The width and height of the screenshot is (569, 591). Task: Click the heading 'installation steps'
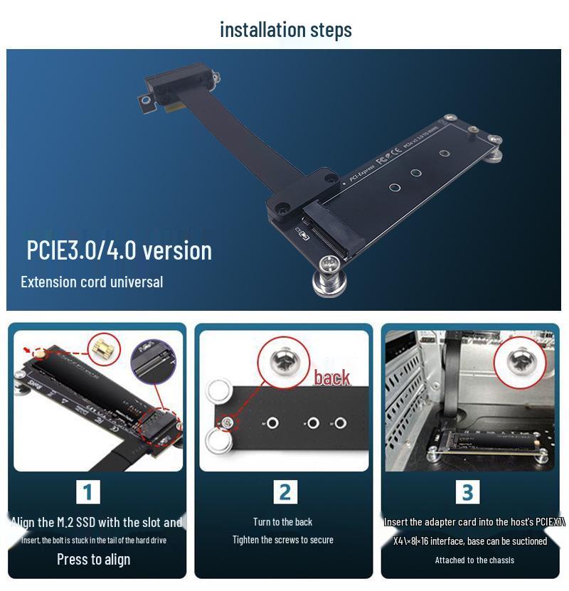point(285,30)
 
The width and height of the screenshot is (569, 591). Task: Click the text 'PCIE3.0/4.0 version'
point(119,250)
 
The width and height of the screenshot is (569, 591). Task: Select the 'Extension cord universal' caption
point(92,282)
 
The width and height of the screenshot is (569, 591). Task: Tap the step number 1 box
point(87,492)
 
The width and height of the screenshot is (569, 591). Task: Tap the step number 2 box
point(284,492)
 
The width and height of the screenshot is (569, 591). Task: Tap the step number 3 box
point(467,492)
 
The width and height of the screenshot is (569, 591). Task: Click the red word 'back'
point(332,378)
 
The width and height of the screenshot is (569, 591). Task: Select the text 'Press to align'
point(93,559)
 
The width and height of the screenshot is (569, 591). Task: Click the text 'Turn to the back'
point(282,522)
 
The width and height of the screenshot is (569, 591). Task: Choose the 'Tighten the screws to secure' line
point(282,540)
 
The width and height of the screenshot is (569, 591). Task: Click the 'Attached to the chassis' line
point(474,560)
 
